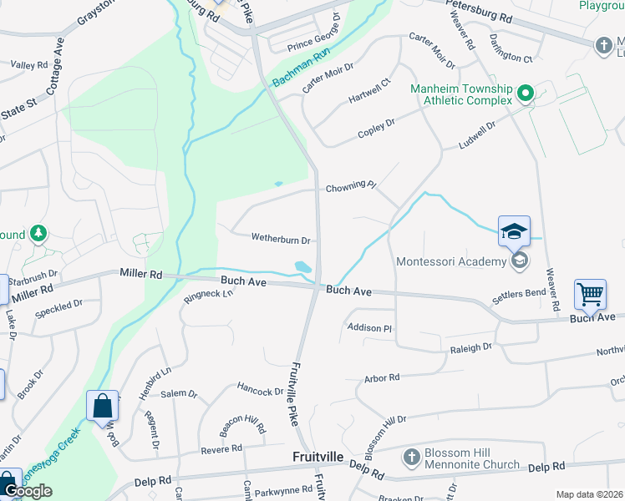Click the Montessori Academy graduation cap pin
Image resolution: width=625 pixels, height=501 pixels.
pyautogui.click(x=514, y=231)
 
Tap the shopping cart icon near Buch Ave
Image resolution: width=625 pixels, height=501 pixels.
pyautogui.click(x=590, y=295)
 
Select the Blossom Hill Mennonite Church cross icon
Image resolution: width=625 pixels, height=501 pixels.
pyautogui.click(x=410, y=458)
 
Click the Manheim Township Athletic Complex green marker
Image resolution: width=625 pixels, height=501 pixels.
pyautogui.click(x=525, y=93)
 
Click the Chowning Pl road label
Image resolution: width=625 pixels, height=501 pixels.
pyautogui.click(x=351, y=186)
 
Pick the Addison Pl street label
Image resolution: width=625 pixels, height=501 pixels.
pyautogui.click(x=368, y=329)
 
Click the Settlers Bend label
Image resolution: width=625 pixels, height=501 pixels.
pyautogui.click(x=518, y=294)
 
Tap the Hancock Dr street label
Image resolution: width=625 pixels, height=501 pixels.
pyautogui.click(x=261, y=390)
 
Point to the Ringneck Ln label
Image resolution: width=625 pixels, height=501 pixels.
pyautogui.click(x=208, y=297)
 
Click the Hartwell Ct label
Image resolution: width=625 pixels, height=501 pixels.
pyautogui.click(x=369, y=91)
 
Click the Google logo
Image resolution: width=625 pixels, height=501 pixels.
pyautogui.click(x=28, y=491)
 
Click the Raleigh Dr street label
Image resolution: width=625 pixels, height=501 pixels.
pyautogui.click(x=471, y=347)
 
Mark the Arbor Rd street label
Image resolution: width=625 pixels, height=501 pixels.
pyautogui.click(x=382, y=378)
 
